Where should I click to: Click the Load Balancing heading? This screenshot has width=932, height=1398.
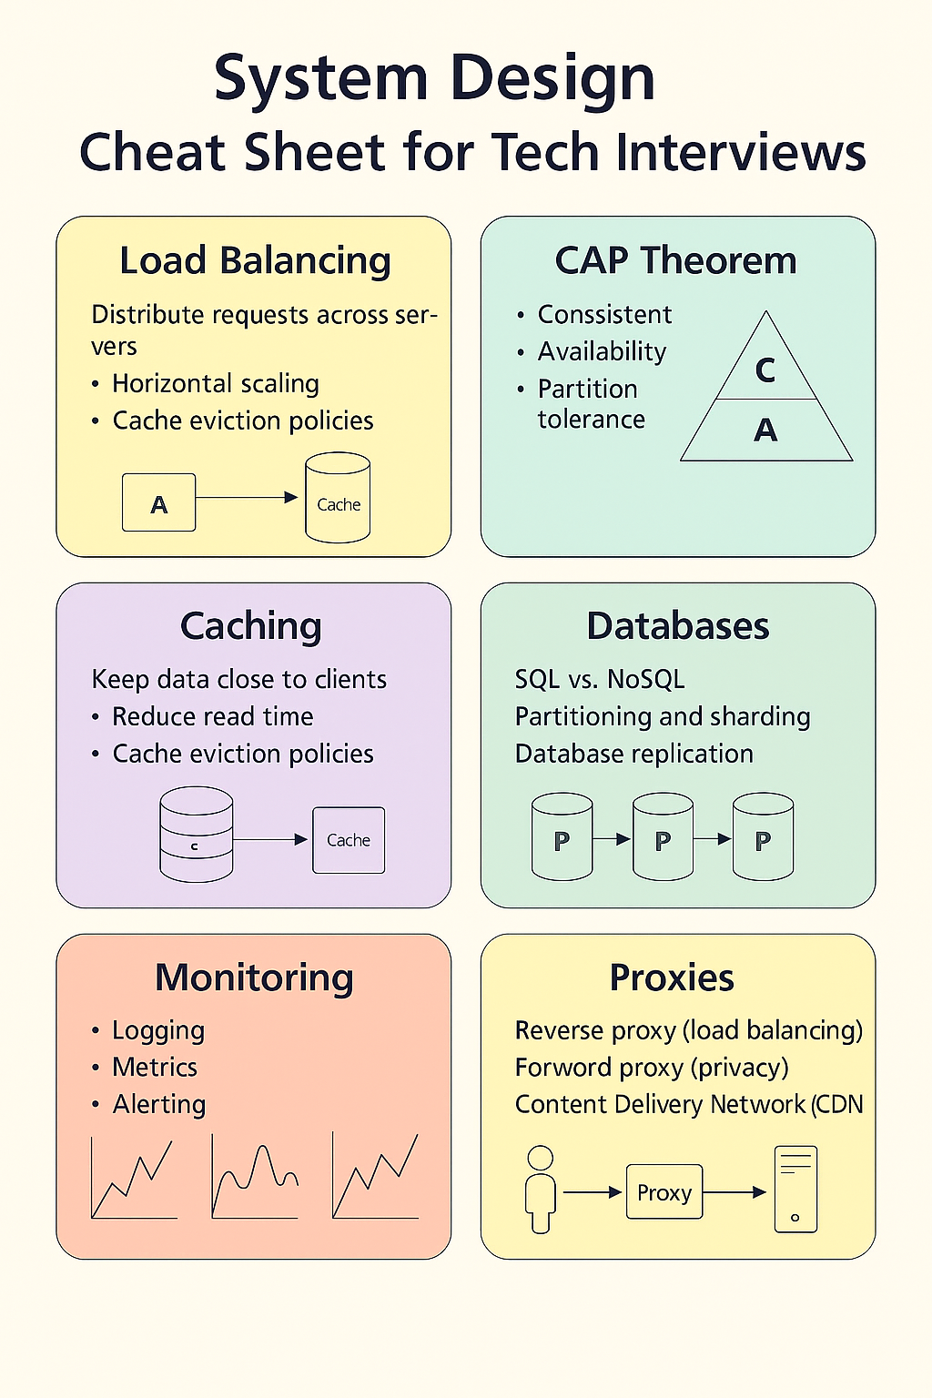click(255, 261)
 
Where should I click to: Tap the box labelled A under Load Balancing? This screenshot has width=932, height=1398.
click(158, 502)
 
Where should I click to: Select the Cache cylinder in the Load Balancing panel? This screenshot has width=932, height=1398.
click(338, 498)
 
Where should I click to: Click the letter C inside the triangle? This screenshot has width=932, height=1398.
click(765, 370)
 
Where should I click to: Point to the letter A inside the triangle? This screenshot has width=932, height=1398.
click(766, 430)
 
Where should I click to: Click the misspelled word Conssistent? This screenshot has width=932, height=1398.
click(604, 315)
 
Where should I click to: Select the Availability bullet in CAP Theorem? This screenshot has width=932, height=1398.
click(602, 352)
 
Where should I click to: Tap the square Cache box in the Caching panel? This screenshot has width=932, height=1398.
click(349, 840)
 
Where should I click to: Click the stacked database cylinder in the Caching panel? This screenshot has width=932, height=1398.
click(196, 834)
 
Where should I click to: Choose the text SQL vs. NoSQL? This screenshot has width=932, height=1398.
click(599, 679)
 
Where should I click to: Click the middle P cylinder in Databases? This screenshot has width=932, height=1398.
click(663, 836)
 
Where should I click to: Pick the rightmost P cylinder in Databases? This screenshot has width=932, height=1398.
click(763, 836)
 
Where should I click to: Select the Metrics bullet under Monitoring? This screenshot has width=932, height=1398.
click(154, 1068)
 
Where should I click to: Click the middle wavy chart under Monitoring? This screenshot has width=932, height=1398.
click(255, 1177)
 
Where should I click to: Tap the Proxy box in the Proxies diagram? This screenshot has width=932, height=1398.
click(664, 1192)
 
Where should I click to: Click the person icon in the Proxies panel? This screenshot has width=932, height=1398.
click(540, 1190)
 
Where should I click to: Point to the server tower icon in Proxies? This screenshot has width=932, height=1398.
click(795, 1189)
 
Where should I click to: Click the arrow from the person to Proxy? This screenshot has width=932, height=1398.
click(593, 1192)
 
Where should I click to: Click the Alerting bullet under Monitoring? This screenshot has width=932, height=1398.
click(158, 1105)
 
